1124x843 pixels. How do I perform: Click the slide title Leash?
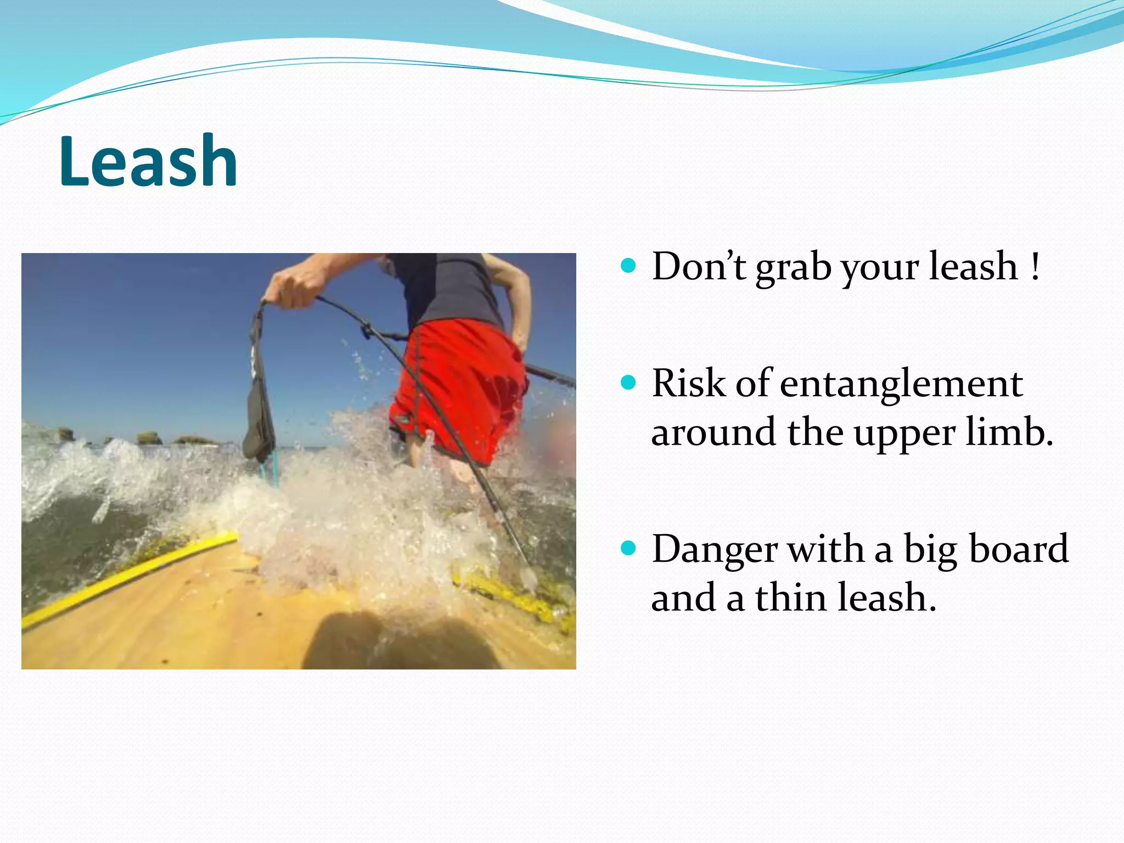pos(148,161)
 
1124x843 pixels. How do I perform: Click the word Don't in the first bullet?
pos(699,267)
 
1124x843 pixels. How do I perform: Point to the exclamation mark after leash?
pos(1035,267)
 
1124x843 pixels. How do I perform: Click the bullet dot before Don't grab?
pos(628,266)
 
